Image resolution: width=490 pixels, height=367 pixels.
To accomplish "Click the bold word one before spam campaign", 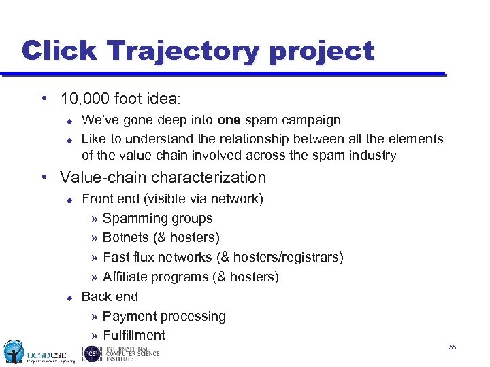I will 228,120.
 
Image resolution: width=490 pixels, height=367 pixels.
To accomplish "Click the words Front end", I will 109,199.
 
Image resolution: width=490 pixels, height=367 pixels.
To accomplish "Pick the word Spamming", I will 129,219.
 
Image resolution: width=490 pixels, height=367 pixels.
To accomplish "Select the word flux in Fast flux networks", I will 144,258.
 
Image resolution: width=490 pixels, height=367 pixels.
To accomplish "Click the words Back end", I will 110,297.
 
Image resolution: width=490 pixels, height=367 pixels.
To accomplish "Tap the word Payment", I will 127,317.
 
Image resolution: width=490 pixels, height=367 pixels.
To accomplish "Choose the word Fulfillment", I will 133,336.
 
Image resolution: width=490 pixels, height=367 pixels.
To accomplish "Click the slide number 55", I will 452,347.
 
